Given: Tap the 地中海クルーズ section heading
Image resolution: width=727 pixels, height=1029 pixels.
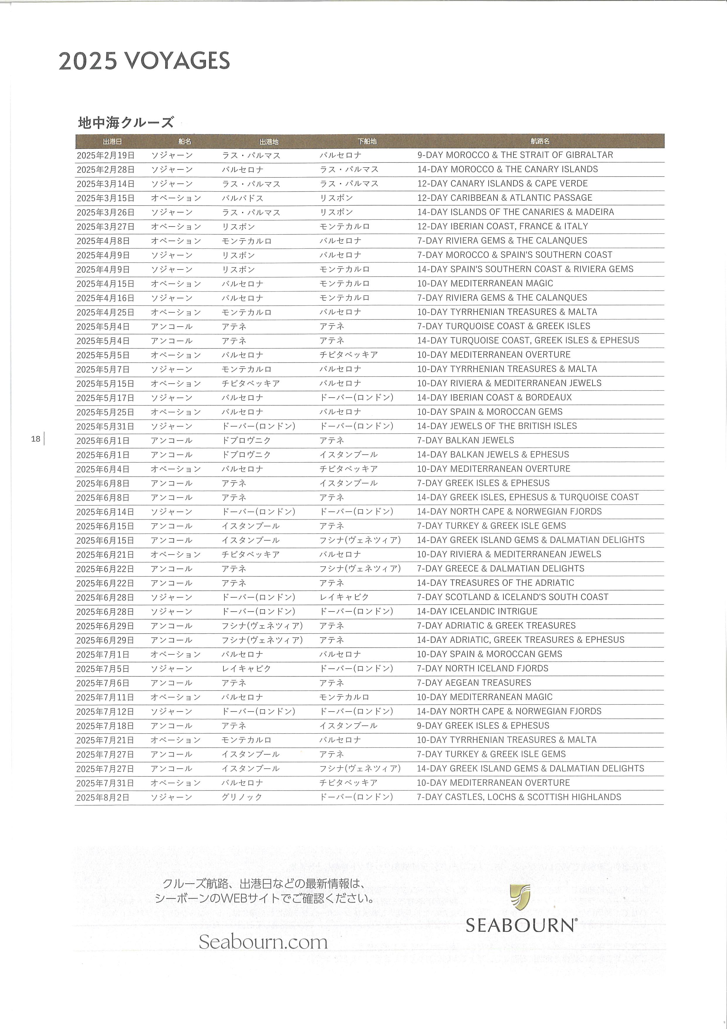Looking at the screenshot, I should point(126,122).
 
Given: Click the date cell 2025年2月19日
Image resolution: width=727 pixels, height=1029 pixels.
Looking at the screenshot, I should point(106,155).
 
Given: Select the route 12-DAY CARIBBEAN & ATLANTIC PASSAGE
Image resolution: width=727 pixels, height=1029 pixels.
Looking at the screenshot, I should point(505,198).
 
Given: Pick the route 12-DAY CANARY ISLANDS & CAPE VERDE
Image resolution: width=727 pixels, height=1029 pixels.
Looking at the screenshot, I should point(502,183).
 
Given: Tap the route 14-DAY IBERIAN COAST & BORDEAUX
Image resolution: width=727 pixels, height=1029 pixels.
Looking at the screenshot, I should point(494,397).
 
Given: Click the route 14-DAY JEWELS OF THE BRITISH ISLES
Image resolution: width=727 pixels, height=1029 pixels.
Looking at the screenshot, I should point(497,426).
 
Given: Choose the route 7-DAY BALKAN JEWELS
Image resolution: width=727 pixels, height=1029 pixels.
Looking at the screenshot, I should point(466,440).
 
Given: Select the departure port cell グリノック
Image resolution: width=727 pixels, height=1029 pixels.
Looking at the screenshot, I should point(242,797).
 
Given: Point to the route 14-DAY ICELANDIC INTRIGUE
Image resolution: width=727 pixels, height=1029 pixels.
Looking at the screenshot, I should point(477,611).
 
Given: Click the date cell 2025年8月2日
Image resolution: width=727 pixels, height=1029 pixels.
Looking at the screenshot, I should point(103,797).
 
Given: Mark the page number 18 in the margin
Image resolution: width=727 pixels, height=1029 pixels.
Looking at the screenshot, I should point(36,439).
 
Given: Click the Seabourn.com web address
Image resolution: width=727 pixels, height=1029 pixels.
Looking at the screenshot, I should point(263,942).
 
